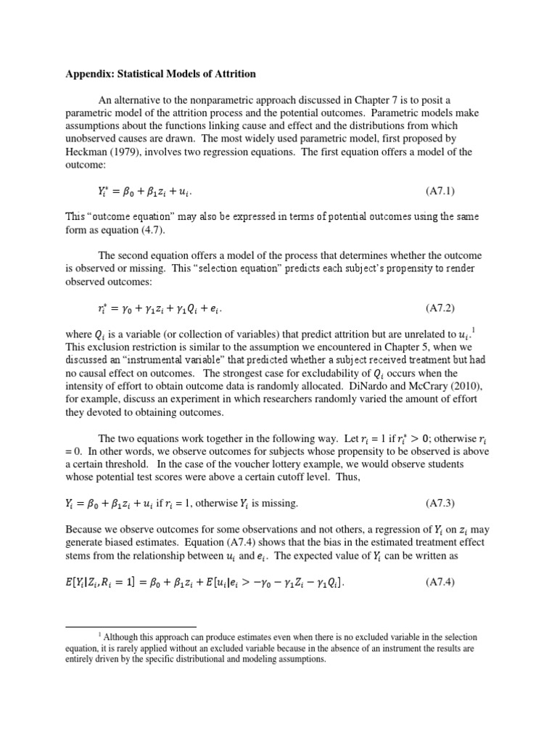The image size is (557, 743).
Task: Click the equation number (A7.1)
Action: pyautogui.click(x=440, y=192)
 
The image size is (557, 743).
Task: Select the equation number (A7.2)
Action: pyautogui.click(x=440, y=308)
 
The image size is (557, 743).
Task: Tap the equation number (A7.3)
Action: pyautogui.click(x=440, y=503)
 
